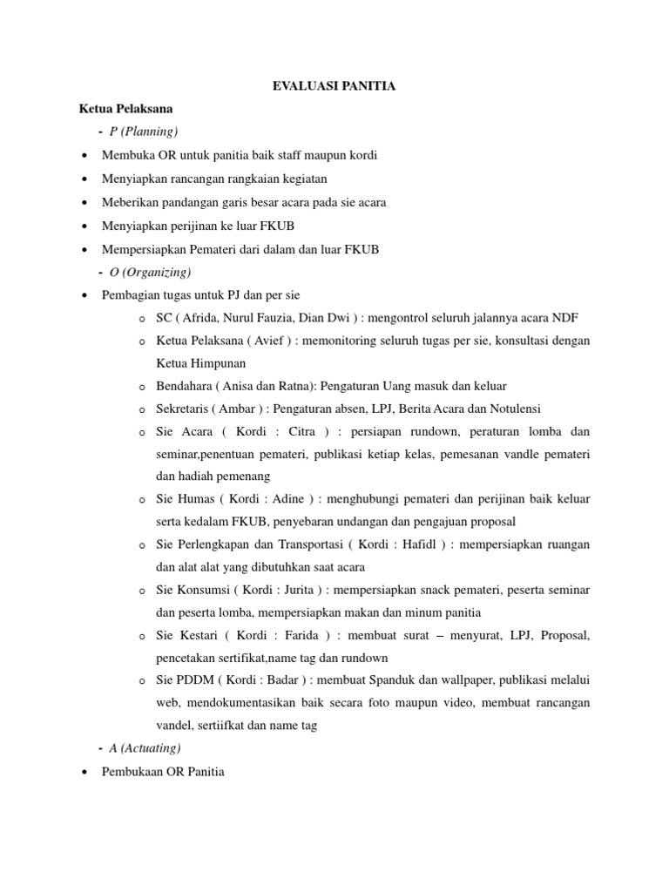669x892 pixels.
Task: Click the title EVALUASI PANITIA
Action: pos(334,85)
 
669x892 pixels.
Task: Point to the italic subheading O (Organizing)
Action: pos(150,273)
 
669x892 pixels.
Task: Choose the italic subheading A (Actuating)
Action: pos(145,747)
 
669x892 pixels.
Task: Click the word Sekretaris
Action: pos(184,409)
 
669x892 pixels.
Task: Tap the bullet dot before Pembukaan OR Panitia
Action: pos(83,772)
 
